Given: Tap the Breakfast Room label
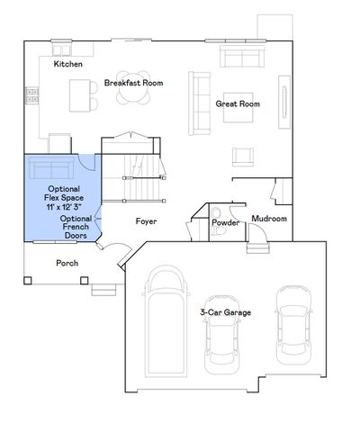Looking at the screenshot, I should click(133, 82).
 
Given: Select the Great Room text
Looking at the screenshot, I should click(238, 104).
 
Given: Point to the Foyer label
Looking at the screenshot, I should click(147, 220).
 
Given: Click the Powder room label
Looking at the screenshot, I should click(224, 221).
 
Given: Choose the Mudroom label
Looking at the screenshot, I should click(269, 219).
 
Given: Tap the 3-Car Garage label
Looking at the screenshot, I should click(225, 311).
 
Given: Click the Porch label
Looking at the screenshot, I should click(67, 264).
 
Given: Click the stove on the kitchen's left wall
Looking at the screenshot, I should click(31, 93).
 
